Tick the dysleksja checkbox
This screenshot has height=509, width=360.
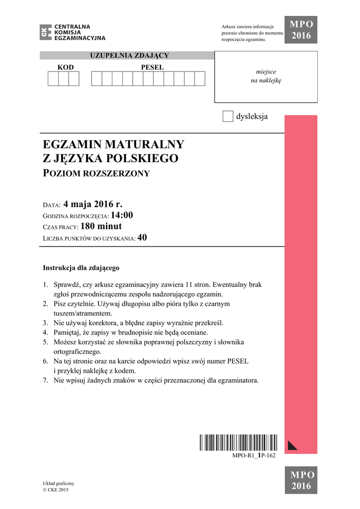(228, 116)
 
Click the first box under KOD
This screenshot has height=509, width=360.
(53, 79)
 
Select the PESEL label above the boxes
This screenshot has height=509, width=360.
(152, 67)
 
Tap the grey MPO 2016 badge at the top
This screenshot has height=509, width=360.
(301, 30)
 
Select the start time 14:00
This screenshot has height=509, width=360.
(122, 215)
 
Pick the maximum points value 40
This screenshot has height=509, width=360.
(142, 238)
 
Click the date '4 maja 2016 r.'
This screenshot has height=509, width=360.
(92, 204)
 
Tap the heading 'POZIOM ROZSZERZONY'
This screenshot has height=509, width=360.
(96, 173)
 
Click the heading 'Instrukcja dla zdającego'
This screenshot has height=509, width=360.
(81, 268)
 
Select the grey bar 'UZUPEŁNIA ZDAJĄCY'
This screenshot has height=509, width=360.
(129, 55)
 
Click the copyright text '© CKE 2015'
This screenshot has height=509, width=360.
(56, 490)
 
